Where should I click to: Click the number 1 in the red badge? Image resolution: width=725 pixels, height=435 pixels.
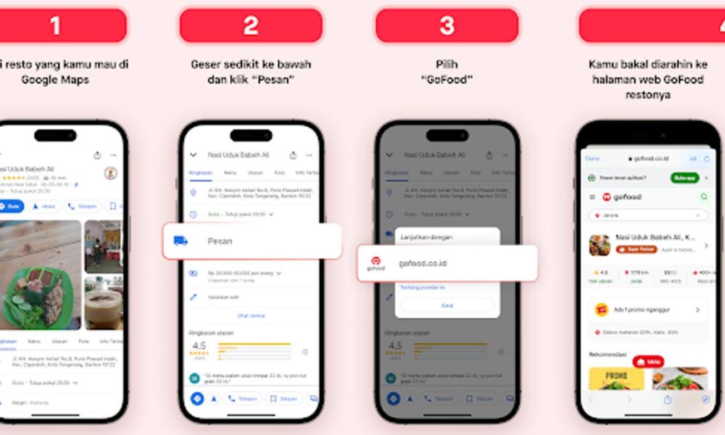[55, 25]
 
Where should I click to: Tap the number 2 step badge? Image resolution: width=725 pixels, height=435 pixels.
[251, 25]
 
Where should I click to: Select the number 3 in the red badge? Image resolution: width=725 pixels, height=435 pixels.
[447, 25]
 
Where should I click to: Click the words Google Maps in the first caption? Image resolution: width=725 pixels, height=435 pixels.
[55, 80]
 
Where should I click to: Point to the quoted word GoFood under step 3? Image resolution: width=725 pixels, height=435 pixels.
[447, 80]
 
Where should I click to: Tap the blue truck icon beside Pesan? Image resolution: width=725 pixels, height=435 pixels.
[181, 241]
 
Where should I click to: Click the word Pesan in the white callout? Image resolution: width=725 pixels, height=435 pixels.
[220, 241]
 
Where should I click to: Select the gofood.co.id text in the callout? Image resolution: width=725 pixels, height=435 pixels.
[423, 262]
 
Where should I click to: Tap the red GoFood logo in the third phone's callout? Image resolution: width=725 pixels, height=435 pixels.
[376, 262]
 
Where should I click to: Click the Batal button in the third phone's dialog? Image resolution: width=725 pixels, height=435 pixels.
[447, 305]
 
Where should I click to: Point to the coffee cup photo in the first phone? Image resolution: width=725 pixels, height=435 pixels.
[103, 302]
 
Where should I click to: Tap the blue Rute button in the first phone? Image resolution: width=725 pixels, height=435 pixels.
[10, 207]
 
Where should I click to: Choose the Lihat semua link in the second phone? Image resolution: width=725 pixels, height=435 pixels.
[250, 315]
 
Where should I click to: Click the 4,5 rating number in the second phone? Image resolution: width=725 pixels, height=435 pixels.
[199, 346]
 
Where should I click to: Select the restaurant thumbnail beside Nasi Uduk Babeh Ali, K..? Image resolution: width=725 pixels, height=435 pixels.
[599, 244]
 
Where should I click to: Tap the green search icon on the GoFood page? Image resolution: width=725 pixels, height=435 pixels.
[703, 197]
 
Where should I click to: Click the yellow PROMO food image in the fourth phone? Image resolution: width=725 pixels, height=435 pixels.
[616, 380]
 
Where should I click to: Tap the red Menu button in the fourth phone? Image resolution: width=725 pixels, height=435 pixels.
[648, 361]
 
